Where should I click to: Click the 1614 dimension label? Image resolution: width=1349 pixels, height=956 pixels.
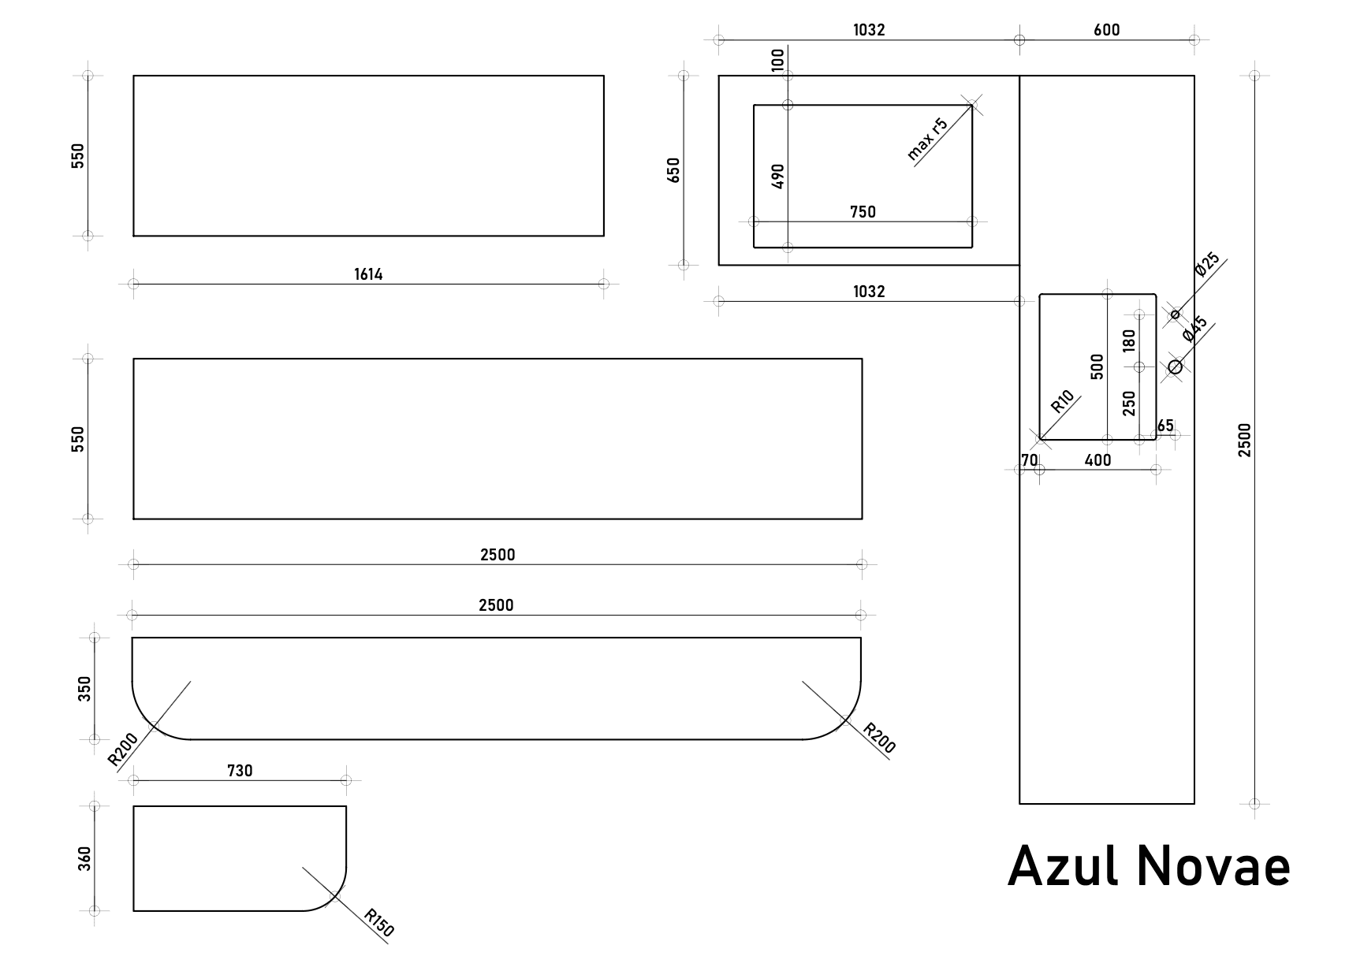tap(368, 274)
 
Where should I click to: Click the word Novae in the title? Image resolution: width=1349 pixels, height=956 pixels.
tap(1213, 865)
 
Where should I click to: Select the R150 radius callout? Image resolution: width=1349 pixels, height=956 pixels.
tap(379, 923)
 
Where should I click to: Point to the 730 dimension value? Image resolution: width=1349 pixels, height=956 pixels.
tap(240, 771)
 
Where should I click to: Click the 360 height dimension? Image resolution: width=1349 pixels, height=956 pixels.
tap(85, 858)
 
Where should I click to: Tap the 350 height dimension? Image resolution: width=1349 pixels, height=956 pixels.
tap(85, 688)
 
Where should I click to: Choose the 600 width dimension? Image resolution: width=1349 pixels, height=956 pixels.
tap(1106, 30)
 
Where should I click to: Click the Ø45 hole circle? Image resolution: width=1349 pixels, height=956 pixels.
tap(1175, 366)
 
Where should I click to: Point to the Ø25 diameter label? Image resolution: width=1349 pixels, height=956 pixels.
tap(1207, 264)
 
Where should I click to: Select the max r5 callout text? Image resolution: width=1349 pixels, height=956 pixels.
tap(926, 139)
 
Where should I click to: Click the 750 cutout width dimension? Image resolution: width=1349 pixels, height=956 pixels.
tap(863, 211)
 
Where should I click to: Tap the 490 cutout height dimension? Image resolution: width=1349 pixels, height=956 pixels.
tap(778, 176)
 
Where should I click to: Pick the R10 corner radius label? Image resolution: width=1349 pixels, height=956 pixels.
tap(1063, 402)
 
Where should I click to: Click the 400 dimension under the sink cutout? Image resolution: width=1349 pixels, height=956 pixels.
tap(1097, 460)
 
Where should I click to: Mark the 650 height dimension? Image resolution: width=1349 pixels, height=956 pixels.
tap(673, 170)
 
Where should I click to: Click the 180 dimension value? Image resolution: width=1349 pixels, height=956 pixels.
tap(1129, 340)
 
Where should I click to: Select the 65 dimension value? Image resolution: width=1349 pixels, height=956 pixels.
tap(1165, 426)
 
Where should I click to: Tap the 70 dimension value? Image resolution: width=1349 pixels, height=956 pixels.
tap(1029, 460)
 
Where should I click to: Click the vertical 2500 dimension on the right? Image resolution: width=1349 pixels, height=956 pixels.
tap(1245, 440)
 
